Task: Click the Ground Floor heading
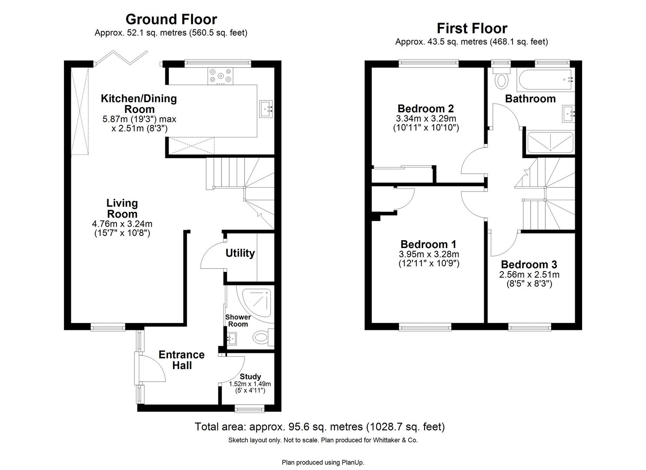tap(171, 19)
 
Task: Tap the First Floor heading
tap(472, 28)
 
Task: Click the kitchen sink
tap(266, 109)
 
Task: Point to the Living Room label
tap(122, 208)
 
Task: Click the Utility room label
tap(240, 253)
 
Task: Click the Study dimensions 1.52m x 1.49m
tap(250, 384)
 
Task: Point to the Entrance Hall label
tap(181, 360)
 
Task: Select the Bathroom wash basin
tap(569, 113)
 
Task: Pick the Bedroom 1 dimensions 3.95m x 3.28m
tap(428, 254)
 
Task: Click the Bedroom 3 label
tap(529, 265)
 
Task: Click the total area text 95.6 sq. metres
tap(319, 426)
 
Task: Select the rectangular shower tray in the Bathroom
tap(550, 142)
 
